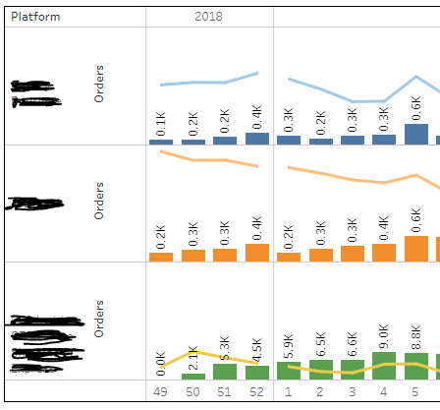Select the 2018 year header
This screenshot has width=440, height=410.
(x=208, y=17)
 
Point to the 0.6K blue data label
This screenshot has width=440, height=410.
(x=415, y=106)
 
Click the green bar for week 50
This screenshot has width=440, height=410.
(x=193, y=377)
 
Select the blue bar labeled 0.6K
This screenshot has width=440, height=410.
(x=415, y=134)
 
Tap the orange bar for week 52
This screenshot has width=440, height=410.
(x=256, y=252)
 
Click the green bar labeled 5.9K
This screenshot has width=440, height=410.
(x=289, y=371)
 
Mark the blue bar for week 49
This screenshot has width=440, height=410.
(x=161, y=142)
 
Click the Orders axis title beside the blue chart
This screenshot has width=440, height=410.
(x=99, y=85)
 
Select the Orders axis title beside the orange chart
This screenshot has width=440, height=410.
(x=99, y=200)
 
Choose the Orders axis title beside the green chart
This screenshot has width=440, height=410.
(x=99, y=318)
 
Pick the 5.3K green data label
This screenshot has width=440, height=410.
(x=225, y=350)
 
